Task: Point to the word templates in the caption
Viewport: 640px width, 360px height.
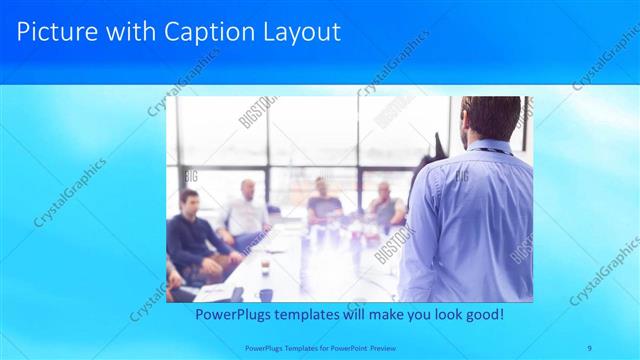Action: coord(309,315)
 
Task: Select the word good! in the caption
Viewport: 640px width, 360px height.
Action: coord(483,315)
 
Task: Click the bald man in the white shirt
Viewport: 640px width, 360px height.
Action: coord(245,212)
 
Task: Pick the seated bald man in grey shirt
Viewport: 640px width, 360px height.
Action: coord(385,205)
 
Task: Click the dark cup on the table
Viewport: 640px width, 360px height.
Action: coord(265,294)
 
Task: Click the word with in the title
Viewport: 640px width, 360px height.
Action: coord(132,32)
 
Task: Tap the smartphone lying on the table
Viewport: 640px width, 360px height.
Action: coord(237,294)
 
